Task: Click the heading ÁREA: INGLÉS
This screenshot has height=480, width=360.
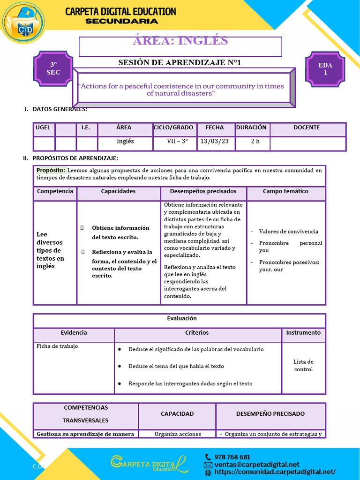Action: pos(180,41)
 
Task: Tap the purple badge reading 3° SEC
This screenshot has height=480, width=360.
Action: pos(53,69)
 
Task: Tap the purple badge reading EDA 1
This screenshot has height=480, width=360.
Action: pos(325,69)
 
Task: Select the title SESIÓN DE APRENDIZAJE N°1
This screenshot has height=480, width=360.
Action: pos(180,62)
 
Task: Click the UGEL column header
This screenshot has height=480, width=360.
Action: pos(43,127)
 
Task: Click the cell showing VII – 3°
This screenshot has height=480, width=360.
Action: pos(177,141)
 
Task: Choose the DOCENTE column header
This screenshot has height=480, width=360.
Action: pos(306,127)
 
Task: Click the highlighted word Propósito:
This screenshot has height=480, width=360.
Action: pos(51,170)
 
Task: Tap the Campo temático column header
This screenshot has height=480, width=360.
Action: pos(285,191)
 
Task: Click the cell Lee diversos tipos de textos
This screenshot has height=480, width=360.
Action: pos(51,250)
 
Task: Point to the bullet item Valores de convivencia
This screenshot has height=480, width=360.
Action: pos(288,232)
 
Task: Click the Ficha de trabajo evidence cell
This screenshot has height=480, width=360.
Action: pos(57,346)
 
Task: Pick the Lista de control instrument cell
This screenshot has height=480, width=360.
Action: pos(303,366)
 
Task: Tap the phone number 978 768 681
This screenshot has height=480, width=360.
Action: pos(232,457)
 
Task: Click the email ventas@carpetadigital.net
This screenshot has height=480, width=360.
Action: pos(256,465)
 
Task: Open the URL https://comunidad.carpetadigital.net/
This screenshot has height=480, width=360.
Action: pos(275,472)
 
